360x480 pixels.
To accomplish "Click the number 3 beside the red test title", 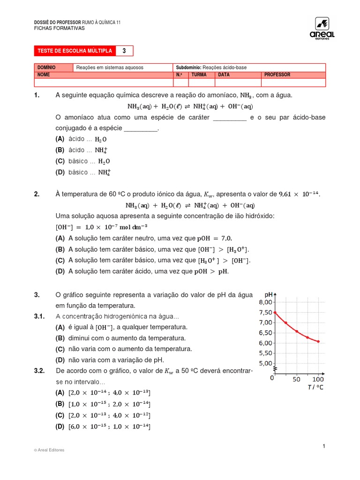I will pyautogui.click(x=124, y=51).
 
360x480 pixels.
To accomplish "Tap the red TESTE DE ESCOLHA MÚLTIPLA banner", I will pyautogui.click(x=75, y=51).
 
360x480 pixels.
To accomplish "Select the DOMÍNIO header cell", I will pyautogui.click(x=46, y=67).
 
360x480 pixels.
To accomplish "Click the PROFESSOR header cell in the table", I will pyautogui.click(x=277, y=75).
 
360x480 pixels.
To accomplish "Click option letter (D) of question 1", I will pyautogui.click(x=60, y=172).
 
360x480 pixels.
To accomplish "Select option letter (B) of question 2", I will pyautogui.click(x=60, y=249).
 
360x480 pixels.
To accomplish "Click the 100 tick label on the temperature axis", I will pyautogui.click(x=318, y=379).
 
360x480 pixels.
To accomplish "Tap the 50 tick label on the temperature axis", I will pyautogui.click(x=296, y=379).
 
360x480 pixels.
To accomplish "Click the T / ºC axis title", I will pyautogui.click(x=315, y=387).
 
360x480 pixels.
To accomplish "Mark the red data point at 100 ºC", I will pyautogui.click(x=318, y=342).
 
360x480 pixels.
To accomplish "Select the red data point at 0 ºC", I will pyautogui.click(x=275, y=312).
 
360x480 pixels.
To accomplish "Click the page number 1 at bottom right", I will pyautogui.click(x=323, y=446).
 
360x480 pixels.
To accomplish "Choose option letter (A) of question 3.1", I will pyautogui.click(x=60, y=327).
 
